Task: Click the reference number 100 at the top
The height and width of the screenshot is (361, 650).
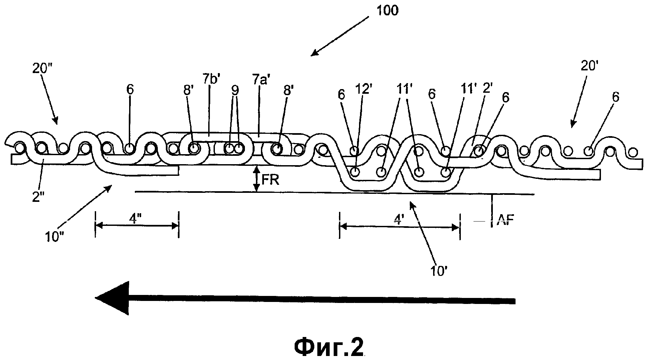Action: pyautogui.click(x=387, y=11)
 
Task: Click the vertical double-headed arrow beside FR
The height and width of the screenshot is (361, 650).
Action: pyautogui.click(x=256, y=179)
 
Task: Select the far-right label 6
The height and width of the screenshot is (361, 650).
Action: pyautogui.click(x=616, y=97)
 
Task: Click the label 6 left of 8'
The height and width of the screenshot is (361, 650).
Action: pyautogui.click(x=130, y=90)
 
